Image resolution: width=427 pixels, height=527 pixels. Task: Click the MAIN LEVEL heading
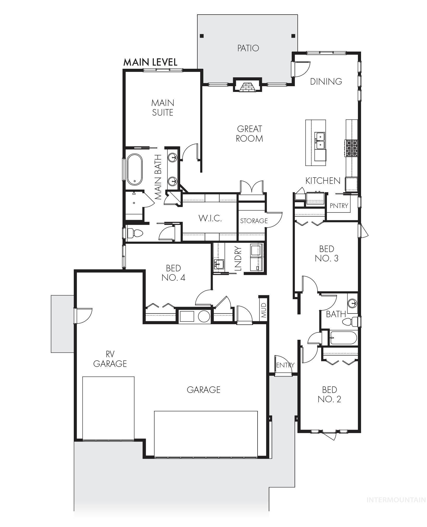coord(150,62)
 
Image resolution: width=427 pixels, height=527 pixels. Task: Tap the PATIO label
coord(248,48)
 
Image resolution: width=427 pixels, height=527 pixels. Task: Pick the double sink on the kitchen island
coord(320,141)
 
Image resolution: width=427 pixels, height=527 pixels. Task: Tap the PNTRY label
coord(339,206)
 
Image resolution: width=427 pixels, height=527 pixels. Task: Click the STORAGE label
coord(254,221)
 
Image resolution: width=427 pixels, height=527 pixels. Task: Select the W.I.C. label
coord(210,218)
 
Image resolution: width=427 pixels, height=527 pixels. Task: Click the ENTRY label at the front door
coord(285,365)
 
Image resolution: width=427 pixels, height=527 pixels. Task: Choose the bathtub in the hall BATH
coord(343,338)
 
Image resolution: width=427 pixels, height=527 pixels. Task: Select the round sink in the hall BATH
coord(352,303)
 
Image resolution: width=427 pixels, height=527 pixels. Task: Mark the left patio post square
coord(202,36)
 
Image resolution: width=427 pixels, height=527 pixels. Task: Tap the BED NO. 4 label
coord(173,273)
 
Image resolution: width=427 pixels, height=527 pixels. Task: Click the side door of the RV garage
coord(83,316)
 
